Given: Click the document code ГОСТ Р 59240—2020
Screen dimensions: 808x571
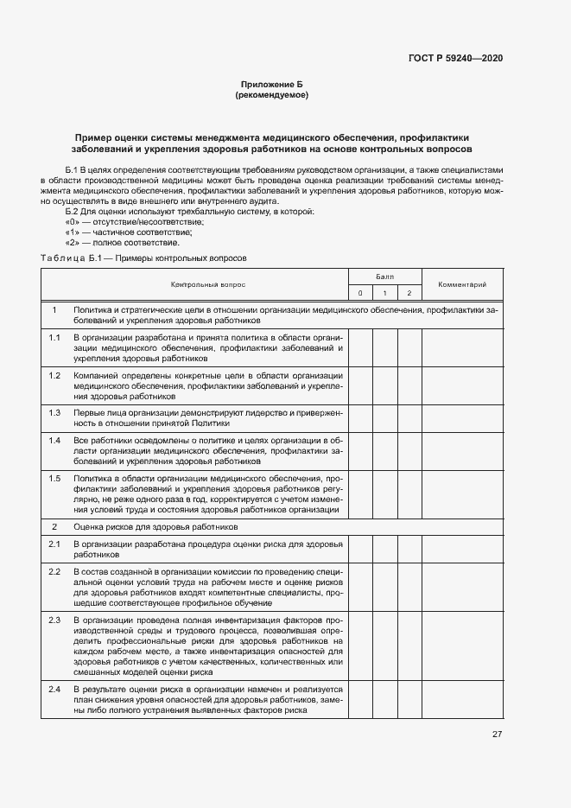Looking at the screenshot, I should (455, 58).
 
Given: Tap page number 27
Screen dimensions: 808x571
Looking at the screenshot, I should (497, 735).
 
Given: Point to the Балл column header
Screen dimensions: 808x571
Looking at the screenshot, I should (384, 277).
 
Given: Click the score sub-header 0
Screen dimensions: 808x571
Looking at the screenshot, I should (360, 293).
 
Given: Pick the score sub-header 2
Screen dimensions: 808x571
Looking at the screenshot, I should (409, 293).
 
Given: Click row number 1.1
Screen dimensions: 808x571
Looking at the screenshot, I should (54, 337).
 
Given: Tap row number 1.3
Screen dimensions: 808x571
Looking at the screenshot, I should (54, 413).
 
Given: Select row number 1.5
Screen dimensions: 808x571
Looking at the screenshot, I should (54, 478).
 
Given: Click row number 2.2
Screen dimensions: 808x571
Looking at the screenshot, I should (54, 572).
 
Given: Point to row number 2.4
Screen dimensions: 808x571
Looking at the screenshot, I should (54, 689).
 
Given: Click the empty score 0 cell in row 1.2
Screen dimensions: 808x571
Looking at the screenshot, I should (360, 386).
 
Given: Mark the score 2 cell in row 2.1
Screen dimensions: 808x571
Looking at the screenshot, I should (409, 548).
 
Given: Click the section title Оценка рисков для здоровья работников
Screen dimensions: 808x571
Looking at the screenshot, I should (155, 526).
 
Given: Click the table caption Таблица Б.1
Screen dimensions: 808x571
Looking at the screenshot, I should (72, 258).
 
